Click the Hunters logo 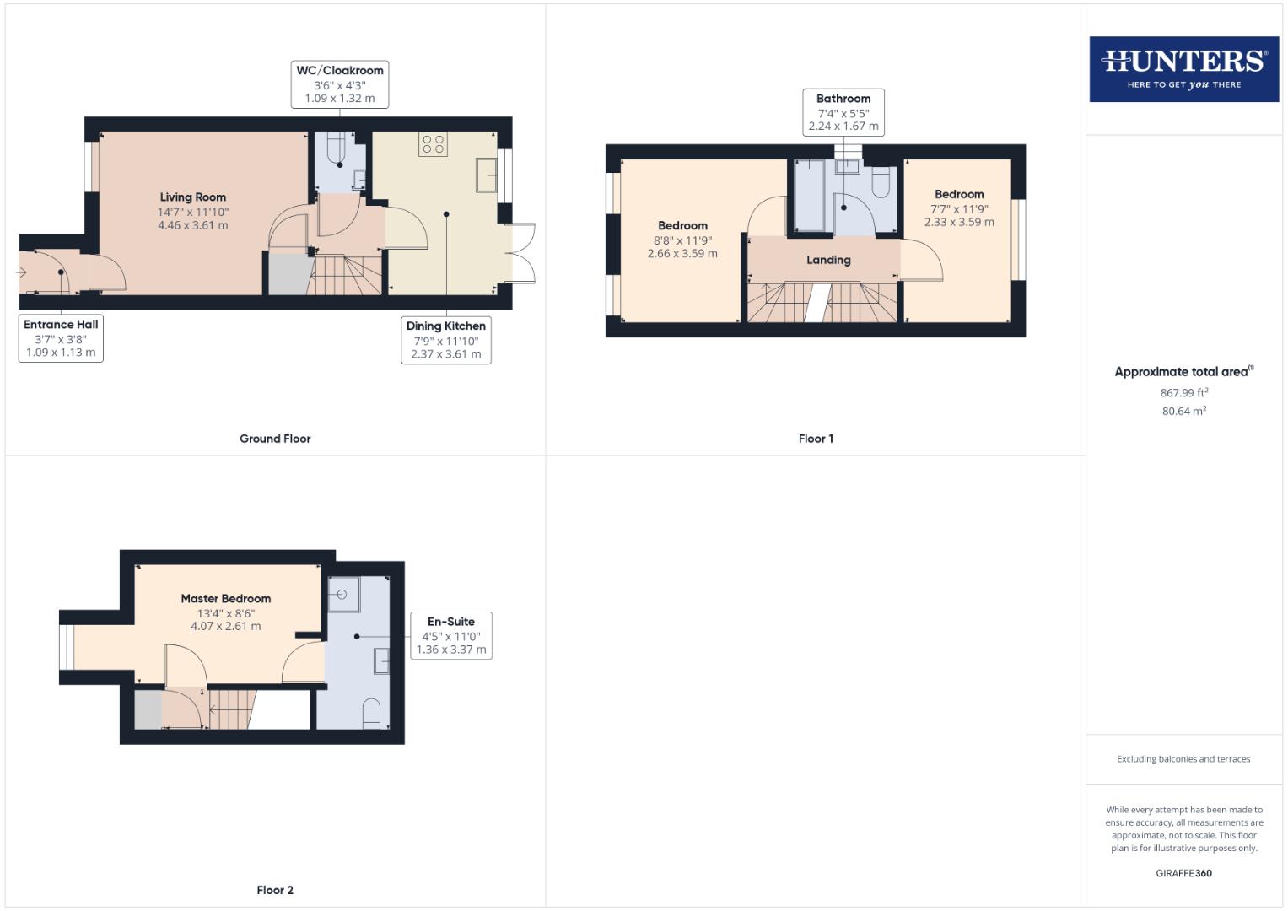point(1183,69)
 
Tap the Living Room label point(193,197)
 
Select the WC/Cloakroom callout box point(340,84)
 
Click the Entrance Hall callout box point(61,338)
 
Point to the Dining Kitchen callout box point(445,340)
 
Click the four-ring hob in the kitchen point(433,144)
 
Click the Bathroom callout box point(843,112)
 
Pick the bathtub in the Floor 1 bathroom point(811,196)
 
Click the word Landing point(828,260)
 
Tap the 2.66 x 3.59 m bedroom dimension point(682,253)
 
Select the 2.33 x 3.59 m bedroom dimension point(959,223)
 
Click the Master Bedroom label point(226,599)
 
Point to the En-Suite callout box point(451,635)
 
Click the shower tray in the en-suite point(344,593)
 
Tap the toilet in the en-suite point(371,714)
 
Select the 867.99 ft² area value point(1183,393)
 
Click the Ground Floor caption point(275,439)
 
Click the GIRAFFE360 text point(1183,873)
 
